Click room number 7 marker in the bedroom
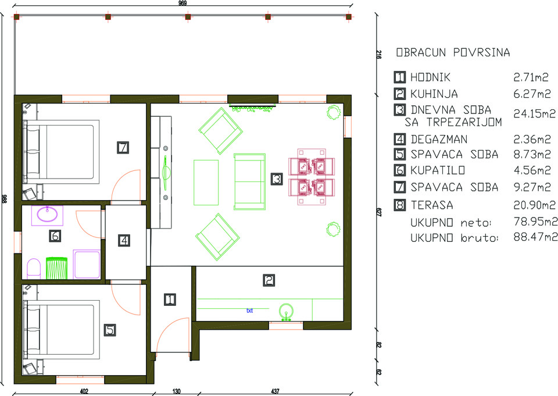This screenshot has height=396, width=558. coord(123,147)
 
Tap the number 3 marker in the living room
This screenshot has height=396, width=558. coord(277,179)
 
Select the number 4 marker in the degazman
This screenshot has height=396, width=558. coord(124,240)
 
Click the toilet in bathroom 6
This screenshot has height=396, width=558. coord(34,268)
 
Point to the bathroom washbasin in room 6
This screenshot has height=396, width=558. coord(47,215)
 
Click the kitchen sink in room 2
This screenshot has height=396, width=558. coord(286,312)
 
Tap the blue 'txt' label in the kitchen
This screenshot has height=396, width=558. coord(249,311)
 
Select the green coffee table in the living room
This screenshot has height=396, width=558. coord(206,183)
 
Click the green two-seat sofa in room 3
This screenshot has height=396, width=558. coord(249,181)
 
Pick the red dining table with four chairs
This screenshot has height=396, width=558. coord(312,177)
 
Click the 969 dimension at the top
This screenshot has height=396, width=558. coord(183,3)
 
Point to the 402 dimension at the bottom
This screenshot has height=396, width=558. coord(84,391)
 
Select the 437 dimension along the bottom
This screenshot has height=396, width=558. coord(275,391)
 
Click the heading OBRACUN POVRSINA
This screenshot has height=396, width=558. coord(453,52)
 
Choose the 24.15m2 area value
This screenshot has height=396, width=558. coord(534,113)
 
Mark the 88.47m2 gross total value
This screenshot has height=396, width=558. coord(535,237)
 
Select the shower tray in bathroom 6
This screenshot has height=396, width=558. coord(87,264)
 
